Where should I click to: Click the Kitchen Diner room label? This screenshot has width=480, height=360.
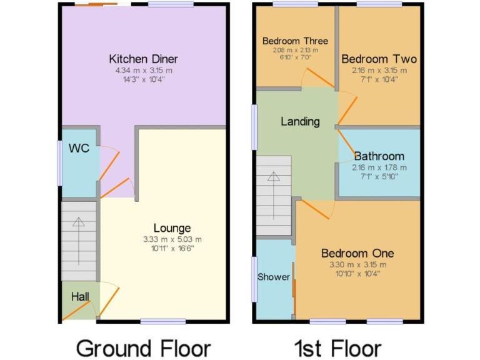[143, 59]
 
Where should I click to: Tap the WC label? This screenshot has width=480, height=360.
[78, 149]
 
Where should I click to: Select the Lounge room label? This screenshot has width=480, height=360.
[172, 228]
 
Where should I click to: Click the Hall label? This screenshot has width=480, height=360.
[79, 296]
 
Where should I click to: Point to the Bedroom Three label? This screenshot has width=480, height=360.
[295, 41]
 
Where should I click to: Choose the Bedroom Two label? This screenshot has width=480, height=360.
[379, 59]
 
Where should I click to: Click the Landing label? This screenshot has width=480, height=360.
[300, 121]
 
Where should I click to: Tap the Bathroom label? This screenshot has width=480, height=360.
[379, 156]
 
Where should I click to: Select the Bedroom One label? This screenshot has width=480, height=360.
[357, 253]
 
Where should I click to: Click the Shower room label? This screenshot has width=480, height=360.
[274, 277]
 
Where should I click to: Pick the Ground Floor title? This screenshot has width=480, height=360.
[143, 347]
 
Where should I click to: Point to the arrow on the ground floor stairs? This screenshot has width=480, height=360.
[79, 222]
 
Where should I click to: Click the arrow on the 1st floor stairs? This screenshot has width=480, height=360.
[274, 177]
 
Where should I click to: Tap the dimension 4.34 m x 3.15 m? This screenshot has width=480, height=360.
[143, 71]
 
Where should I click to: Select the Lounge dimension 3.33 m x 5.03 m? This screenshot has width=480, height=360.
[172, 239]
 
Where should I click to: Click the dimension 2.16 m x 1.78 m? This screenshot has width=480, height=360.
[379, 167]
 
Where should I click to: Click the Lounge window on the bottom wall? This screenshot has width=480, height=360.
[162, 321]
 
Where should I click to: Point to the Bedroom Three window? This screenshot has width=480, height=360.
[294, 5]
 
